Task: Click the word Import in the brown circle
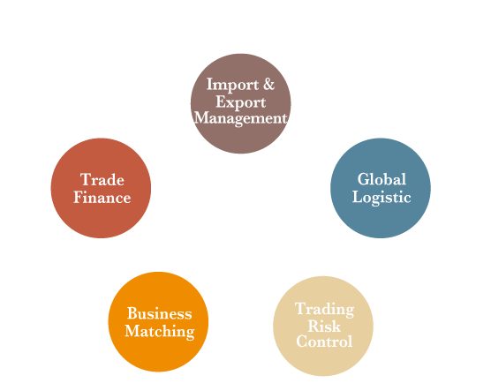pyautogui.click(x=232, y=85)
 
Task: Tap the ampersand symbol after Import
pyautogui.click(x=268, y=84)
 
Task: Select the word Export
pyautogui.click(x=240, y=102)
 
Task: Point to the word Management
pyautogui.click(x=240, y=119)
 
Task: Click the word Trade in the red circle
pyautogui.click(x=102, y=180)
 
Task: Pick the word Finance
pyautogui.click(x=102, y=198)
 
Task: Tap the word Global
pyautogui.click(x=381, y=179)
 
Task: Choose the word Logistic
pyautogui.click(x=381, y=198)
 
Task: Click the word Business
pyautogui.click(x=159, y=313)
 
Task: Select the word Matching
pyautogui.click(x=160, y=332)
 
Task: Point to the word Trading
pyautogui.click(x=324, y=310)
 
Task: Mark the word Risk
pyautogui.click(x=324, y=326)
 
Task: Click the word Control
pyautogui.click(x=324, y=341)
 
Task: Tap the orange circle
pyautogui.click(x=158, y=322)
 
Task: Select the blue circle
pyautogui.click(x=381, y=188)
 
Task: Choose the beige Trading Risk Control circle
pyautogui.click(x=323, y=326)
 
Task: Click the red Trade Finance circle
pyautogui.click(x=101, y=188)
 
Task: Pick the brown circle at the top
pyautogui.click(x=240, y=103)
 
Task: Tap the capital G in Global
pyautogui.click(x=364, y=179)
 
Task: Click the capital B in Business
pyautogui.click(x=132, y=313)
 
